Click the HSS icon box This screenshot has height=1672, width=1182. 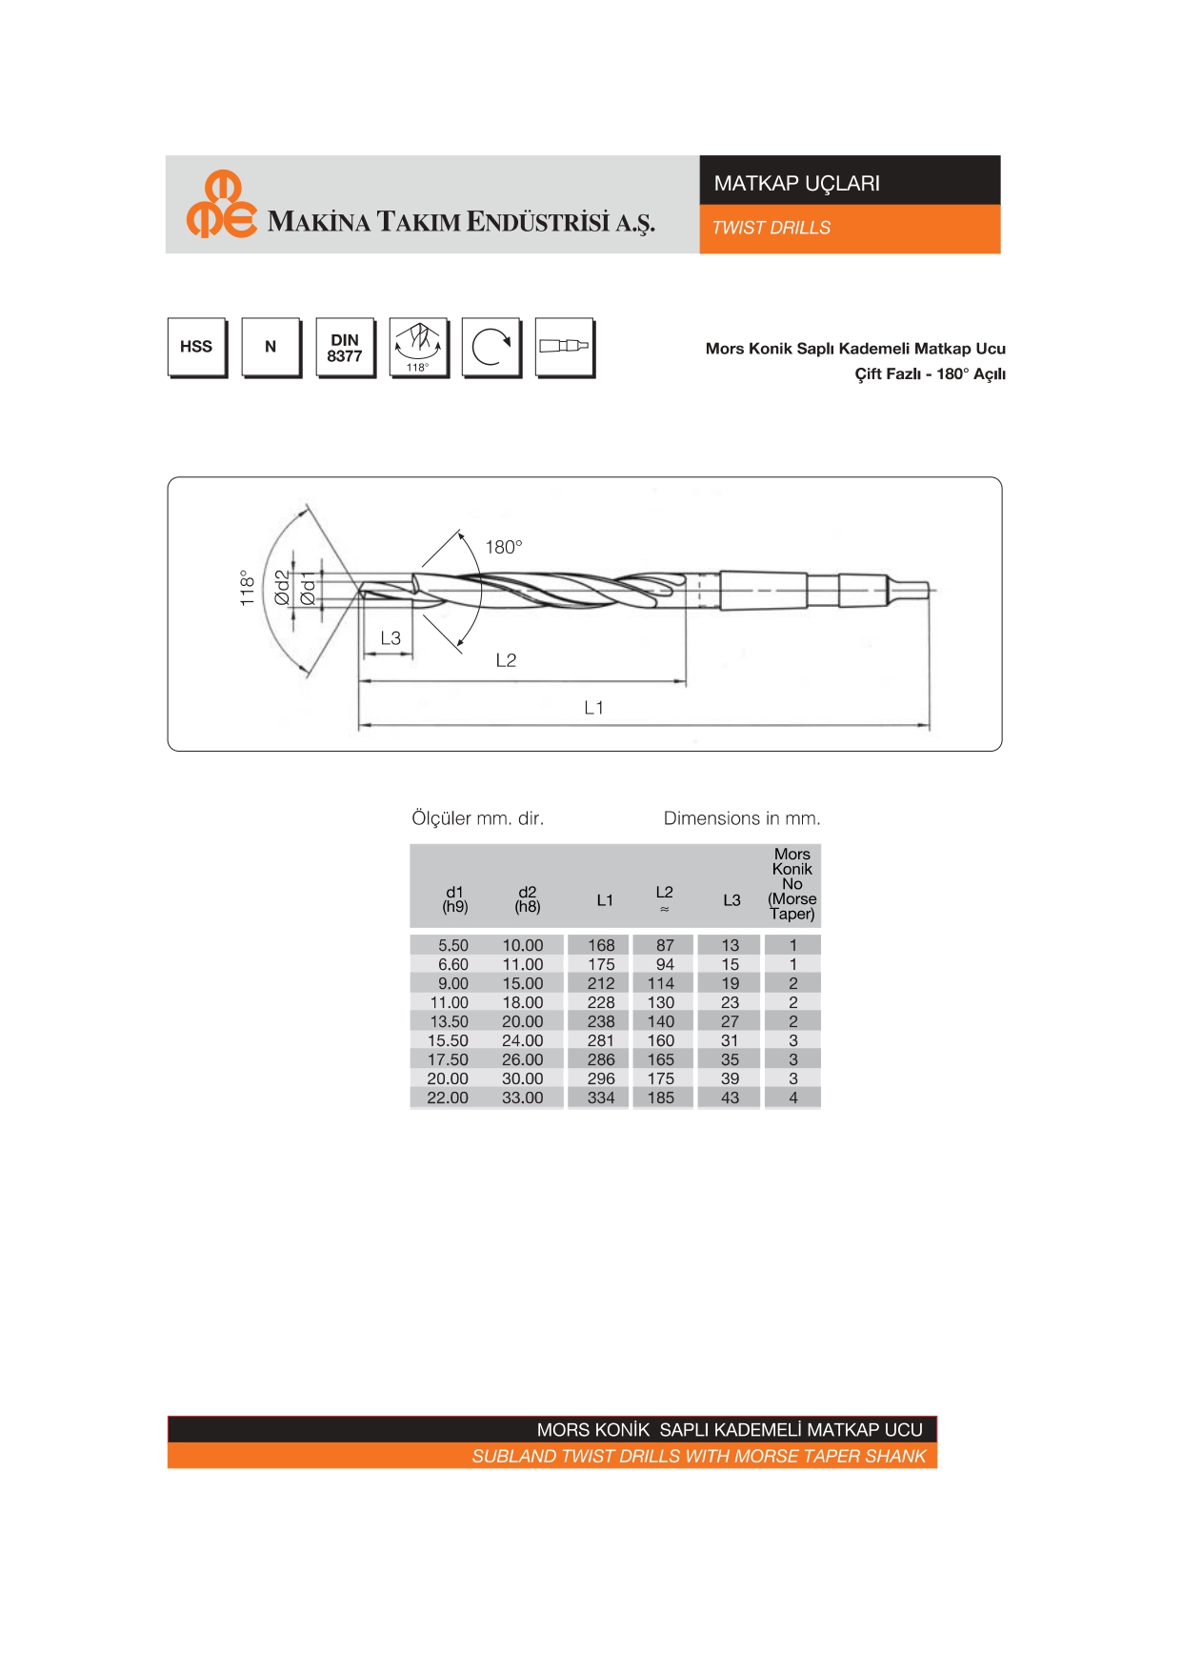coord(197,348)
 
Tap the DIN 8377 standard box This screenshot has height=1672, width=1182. coord(345,348)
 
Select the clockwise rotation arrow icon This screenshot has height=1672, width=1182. coord(491,348)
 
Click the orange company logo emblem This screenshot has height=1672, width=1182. coord(222,204)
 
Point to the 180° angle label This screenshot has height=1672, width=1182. coord(504,547)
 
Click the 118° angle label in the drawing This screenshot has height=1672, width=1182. coord(248,588)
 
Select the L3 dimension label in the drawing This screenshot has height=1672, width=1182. coord(391,638)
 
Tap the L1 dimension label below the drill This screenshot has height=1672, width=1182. coord(593,708)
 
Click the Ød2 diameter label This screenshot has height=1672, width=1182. coord(282,588)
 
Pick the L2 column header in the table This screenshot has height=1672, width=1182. coord(665,898)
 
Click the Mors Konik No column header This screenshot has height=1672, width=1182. coord(792,884)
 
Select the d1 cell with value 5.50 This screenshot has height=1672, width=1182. coord(453,945)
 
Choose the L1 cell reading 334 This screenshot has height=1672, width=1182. coord(601,1098)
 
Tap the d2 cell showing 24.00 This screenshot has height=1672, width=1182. coord(523,1040)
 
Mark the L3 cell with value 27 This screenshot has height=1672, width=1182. coord(731,1021)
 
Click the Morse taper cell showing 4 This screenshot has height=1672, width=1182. coord(793,1098)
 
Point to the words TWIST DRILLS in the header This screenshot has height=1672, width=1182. coord(771,229)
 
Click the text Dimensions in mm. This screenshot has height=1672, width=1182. coord(742,818)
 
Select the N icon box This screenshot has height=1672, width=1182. coord(271,348)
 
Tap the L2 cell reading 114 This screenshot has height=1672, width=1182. coord(661,983)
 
